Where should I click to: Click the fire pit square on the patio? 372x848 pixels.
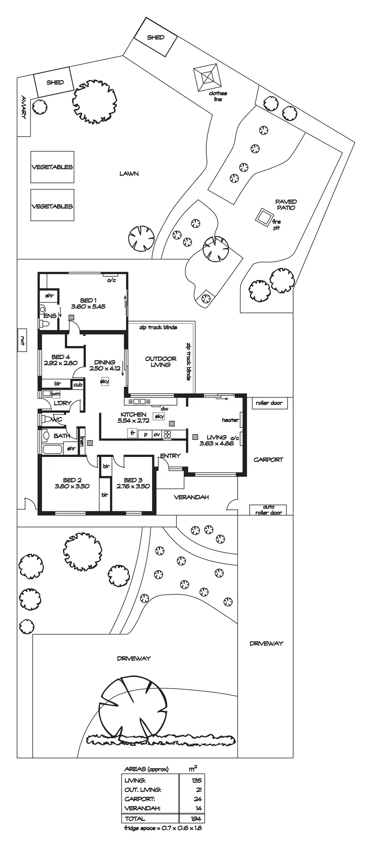(264, 216)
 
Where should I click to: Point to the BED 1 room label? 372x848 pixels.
(88, 300)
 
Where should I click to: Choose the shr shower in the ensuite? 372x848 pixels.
(49, 295)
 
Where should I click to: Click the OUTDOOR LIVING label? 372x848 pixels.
(161, 362)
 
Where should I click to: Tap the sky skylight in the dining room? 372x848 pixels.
(105, 381)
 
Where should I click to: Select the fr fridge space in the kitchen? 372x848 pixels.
(133, 433)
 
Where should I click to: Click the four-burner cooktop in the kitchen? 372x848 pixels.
(167, 434)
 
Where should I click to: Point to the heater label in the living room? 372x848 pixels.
(230, 420)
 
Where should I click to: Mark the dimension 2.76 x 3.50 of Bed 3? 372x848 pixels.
(133, 486)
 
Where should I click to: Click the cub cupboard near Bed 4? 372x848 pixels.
(78, 385)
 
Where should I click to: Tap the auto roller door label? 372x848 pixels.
(268, 510)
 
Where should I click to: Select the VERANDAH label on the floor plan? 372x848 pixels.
(191, 497)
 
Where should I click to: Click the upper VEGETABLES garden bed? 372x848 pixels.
(52, 167)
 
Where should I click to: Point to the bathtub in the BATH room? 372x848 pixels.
(53, 449)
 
